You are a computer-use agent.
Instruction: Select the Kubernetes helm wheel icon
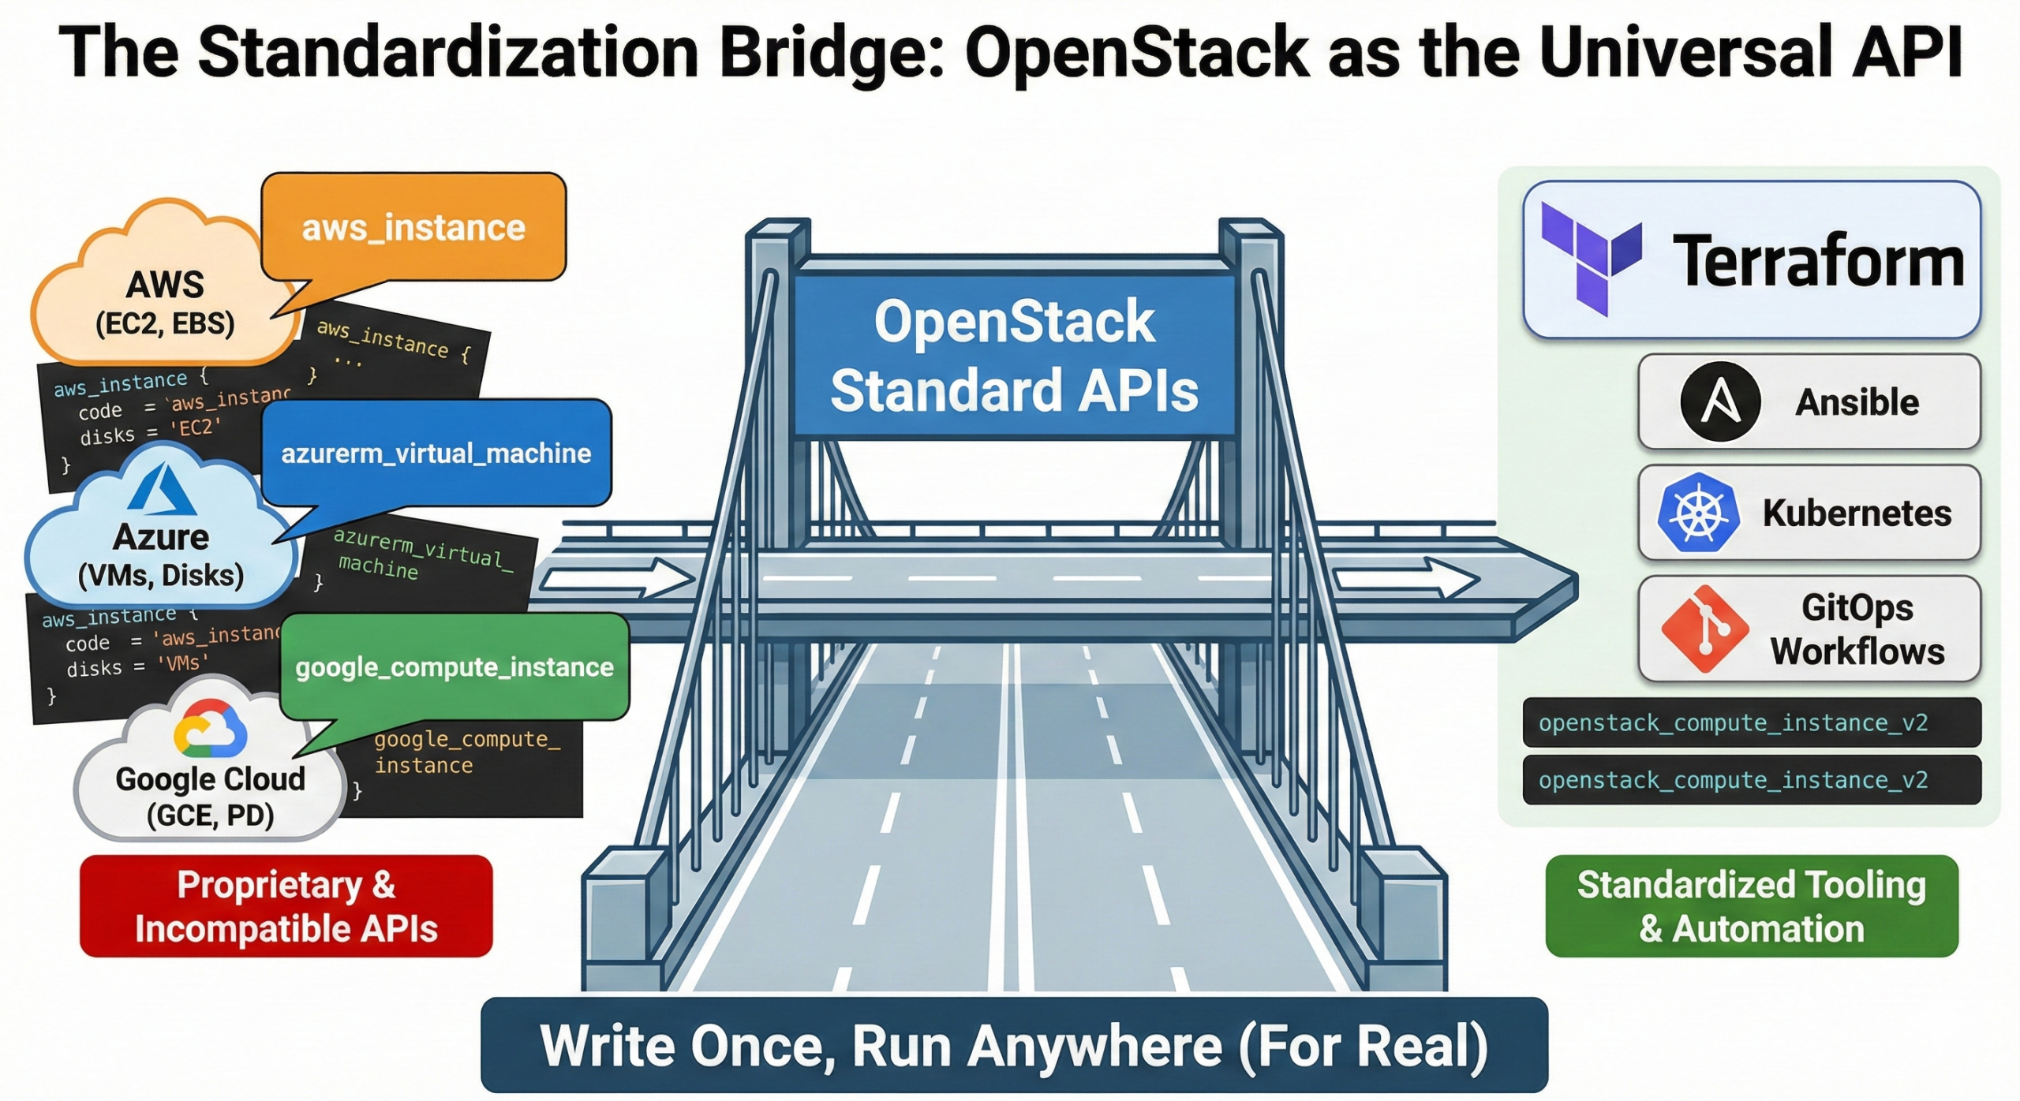tap(1697, 513)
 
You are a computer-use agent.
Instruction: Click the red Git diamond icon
tap(1704, 629)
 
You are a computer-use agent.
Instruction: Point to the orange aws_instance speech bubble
tap(413, 228)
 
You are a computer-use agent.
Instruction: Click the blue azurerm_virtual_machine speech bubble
tap(436, 453)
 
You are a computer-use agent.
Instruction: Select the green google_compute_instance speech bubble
tap(454, 667)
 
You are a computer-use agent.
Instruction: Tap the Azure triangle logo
tap(162, 490)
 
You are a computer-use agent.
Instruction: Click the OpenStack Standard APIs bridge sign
tap(1014, 356)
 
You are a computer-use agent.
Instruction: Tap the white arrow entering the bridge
tap(615, 578)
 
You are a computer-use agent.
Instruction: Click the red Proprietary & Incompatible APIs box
tap(286, 906)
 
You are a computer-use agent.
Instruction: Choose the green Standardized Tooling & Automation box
tap(1751, 906)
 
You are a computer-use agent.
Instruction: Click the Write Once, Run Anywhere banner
tap(1014, 1045)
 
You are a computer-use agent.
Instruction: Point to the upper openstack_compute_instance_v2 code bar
tap(1751, 722)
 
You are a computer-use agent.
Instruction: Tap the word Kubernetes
tap(1857, 513)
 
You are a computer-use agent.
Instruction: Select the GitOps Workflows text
tap(1857, 629)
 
